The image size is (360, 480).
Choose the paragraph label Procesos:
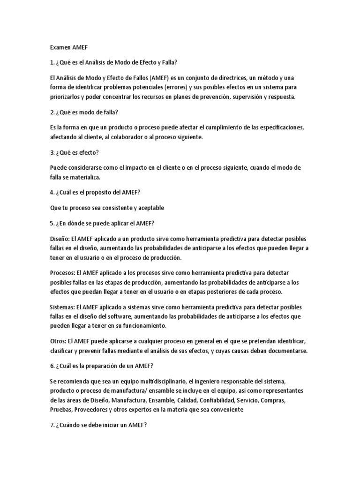pos(63,272)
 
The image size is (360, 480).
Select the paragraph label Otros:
pos(58,341)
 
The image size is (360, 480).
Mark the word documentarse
pos(283,351)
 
